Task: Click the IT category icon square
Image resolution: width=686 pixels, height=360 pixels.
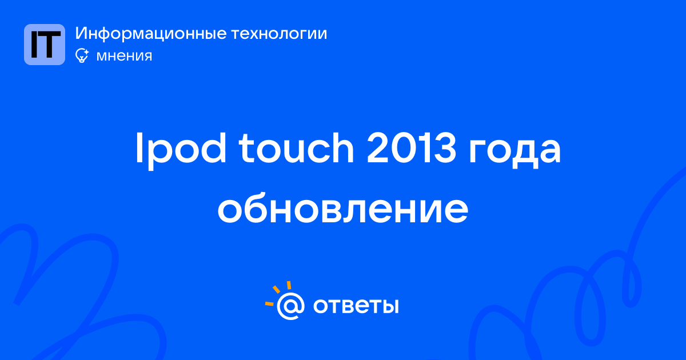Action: coord(45,45)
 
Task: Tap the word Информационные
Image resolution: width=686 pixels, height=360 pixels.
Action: coord(151,34)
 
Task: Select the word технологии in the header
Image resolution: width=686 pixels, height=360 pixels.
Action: coord(279,34)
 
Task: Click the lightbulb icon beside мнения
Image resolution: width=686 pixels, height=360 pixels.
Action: coord(82,55)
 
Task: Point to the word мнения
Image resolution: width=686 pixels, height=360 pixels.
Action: coord(124,56)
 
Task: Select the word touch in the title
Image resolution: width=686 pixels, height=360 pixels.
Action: coord(296,148)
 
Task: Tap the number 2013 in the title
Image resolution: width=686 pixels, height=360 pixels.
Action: coord(411,148)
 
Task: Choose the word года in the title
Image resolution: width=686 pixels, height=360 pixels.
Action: coord(514,152)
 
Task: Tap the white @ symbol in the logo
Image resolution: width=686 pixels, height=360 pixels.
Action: coord(290,306)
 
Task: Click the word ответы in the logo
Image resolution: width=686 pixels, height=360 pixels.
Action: coord(356,306)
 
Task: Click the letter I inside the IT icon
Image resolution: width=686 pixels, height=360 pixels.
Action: coord(34,45)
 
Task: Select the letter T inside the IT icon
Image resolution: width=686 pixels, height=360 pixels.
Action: coord(50,45)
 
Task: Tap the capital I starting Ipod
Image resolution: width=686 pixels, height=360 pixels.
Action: coord(139,148)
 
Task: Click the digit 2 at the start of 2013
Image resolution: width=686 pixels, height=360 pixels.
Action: coord(377,148)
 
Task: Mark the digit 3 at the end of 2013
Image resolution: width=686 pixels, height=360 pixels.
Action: coord(445,148)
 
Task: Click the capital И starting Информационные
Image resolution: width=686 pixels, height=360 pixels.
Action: coord(81,33)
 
